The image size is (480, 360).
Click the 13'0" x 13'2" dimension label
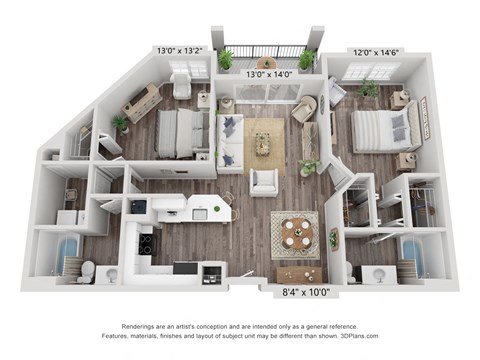(x=180, y=51)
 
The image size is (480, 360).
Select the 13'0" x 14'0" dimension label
(x=269, y=74)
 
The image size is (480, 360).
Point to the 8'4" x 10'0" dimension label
(x=306, y=292)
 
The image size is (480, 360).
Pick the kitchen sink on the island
(x=200, y=214)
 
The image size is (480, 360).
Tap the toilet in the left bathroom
(x=87, y=270)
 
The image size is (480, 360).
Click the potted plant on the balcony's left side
(x=226, y=59)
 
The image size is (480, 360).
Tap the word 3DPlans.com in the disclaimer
(x=359, y=336)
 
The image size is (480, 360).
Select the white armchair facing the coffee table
(x=264, y=182)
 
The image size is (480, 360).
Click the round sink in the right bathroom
(x=380, y=275)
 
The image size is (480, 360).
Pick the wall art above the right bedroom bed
(x=425, y=118)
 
